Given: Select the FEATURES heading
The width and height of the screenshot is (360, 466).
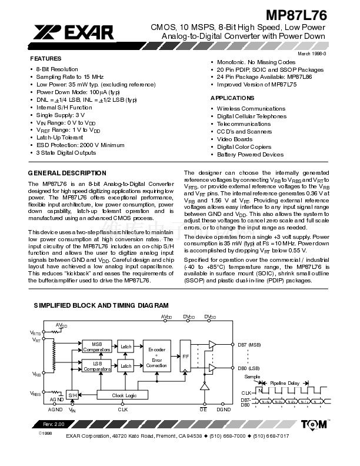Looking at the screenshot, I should pos(45,59).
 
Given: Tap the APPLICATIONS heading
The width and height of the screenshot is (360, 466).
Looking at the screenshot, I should pos(232,98).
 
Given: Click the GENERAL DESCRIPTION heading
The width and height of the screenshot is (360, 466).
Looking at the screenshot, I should pos(68,173).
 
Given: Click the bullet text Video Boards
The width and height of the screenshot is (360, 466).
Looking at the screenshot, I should pos(235,139).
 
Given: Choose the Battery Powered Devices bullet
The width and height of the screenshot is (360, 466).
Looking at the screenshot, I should pos(250,155).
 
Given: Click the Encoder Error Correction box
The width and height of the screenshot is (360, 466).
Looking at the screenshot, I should pos(156,358).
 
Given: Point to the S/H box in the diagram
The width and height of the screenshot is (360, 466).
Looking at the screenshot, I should pos(72,395).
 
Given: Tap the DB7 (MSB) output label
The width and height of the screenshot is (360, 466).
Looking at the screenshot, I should pos(249,344).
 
